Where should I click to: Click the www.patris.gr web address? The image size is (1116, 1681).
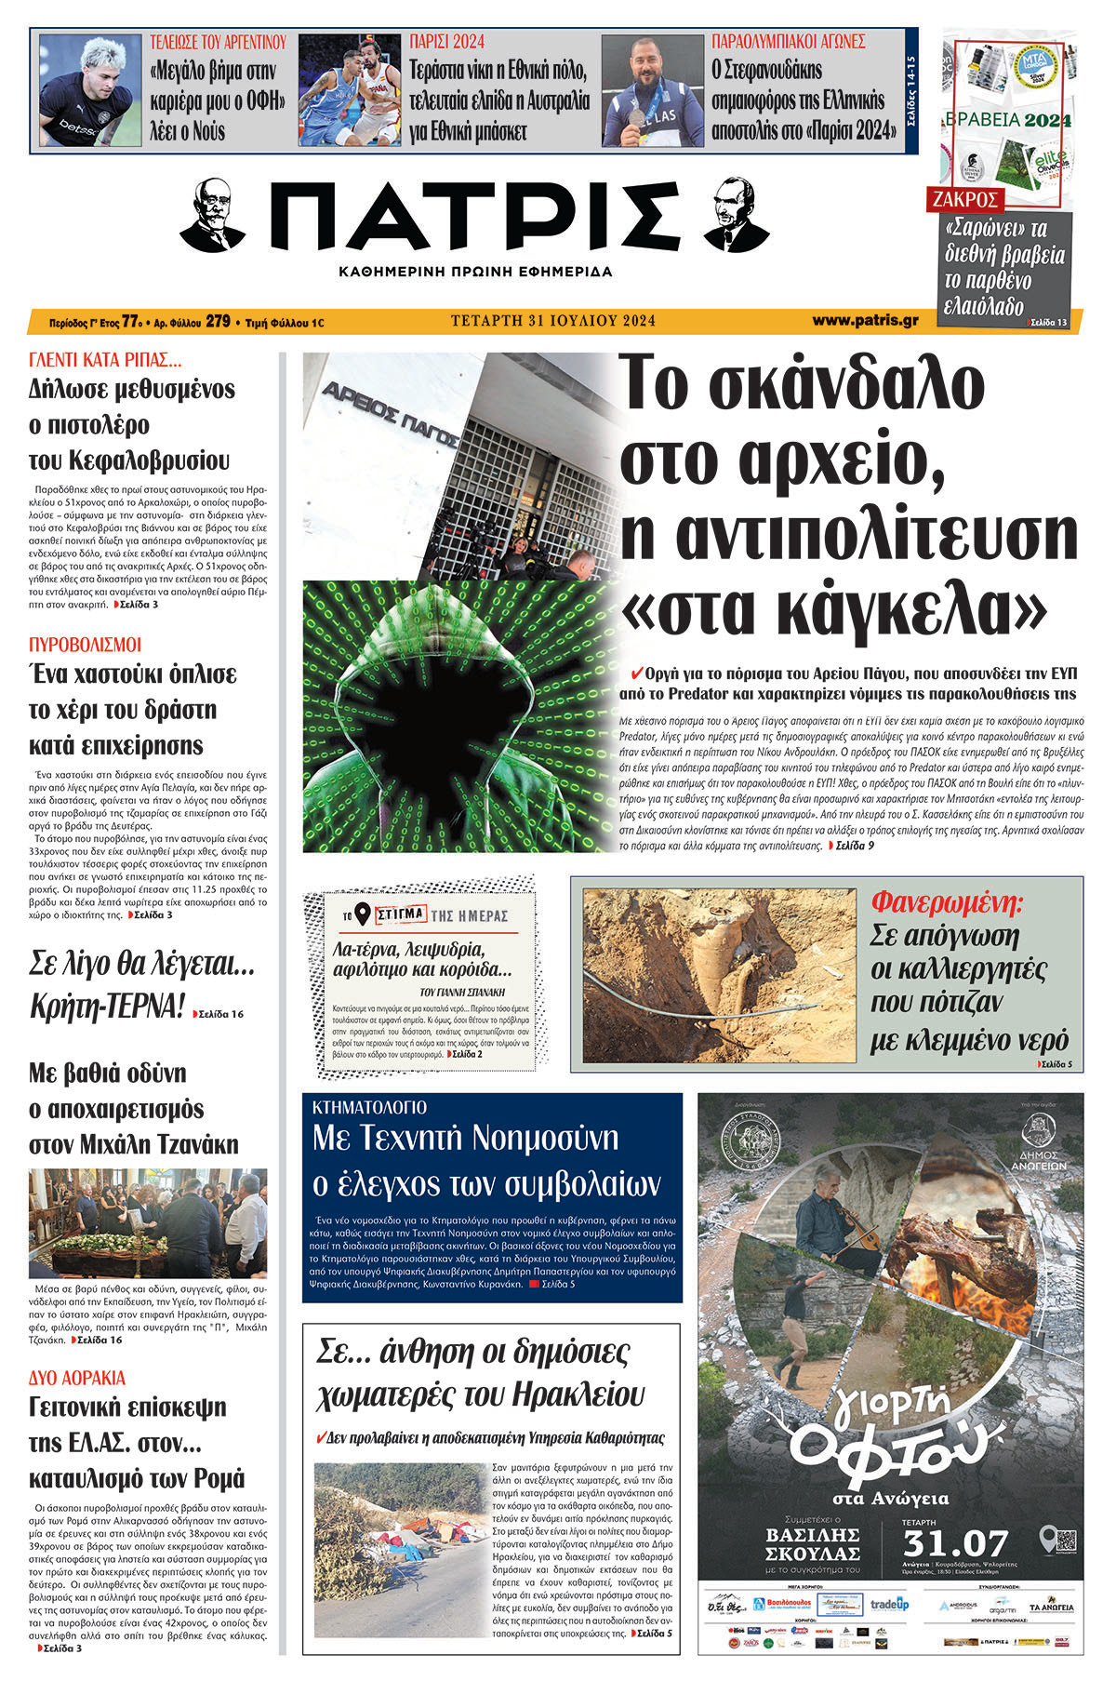pos(865,321)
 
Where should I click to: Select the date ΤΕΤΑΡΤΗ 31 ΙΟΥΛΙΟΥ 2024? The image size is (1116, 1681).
pos(553,321)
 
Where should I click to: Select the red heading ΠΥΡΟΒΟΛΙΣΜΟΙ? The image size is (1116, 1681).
pos(86,644)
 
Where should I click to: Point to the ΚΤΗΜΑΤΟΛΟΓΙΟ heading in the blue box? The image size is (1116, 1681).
pos(369,1107)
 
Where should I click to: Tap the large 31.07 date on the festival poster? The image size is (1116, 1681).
pos(955,1543)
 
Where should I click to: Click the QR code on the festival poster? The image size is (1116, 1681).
pos(1065,1537)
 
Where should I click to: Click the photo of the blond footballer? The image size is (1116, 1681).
pos(86,90)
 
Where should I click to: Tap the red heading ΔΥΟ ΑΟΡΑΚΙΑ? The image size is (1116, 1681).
pos(77,1378)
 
